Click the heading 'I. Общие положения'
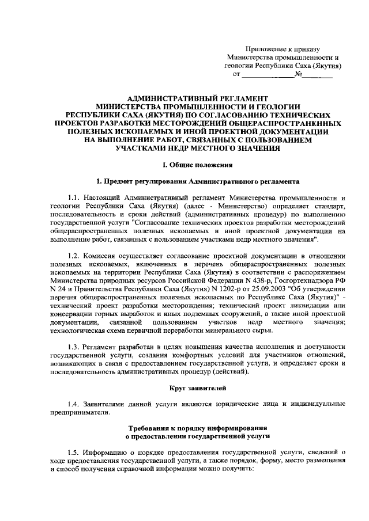[x=190, y=165]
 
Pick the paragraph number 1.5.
[x=74, y=453]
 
